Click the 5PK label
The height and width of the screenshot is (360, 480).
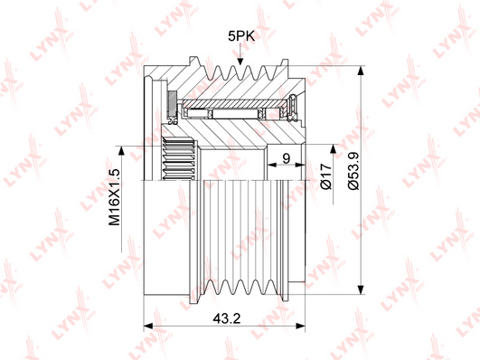241,36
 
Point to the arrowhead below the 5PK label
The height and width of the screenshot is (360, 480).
240,60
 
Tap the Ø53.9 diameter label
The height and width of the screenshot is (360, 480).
353,171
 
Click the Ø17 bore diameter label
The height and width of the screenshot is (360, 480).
326,176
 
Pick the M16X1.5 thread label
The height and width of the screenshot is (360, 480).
115,197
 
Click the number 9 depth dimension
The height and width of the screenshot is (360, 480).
287,158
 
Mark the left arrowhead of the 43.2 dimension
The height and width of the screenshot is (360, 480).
148,326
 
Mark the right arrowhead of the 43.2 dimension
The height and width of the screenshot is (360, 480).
301,326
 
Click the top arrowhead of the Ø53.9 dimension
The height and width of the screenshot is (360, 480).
362,71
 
